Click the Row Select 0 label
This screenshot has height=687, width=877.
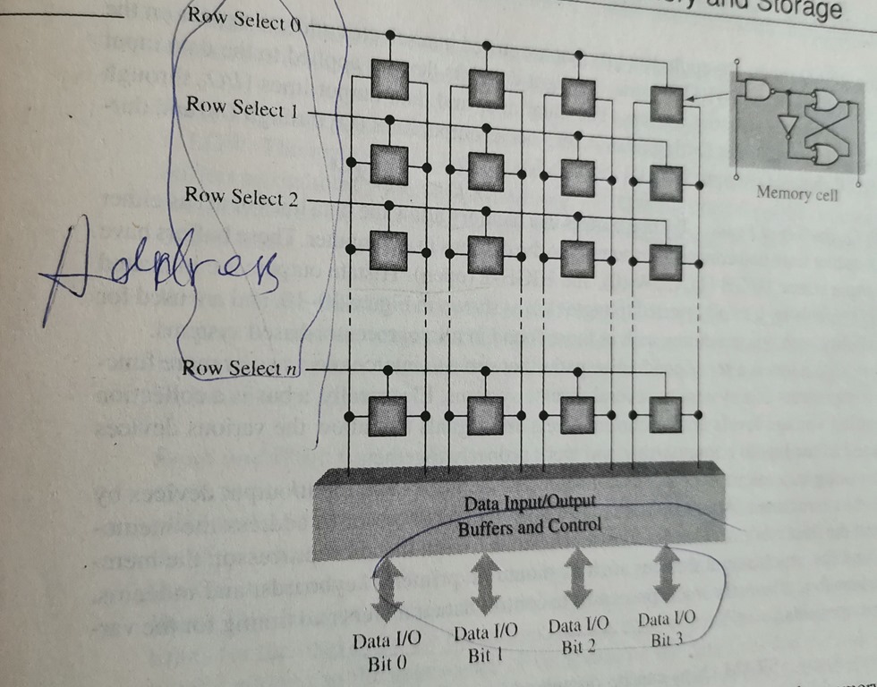[x=243, y=19]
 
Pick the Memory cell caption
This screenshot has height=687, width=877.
[x=796, y=192]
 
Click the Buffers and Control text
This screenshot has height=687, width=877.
[x=530, y=527]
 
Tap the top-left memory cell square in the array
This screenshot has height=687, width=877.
[x=387, y=81]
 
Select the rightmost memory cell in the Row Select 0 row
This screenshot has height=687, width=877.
[x=665, y=103]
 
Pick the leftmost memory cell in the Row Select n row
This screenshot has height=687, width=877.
[x=387, y=414]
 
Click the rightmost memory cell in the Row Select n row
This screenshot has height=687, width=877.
[x=666, y=412]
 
